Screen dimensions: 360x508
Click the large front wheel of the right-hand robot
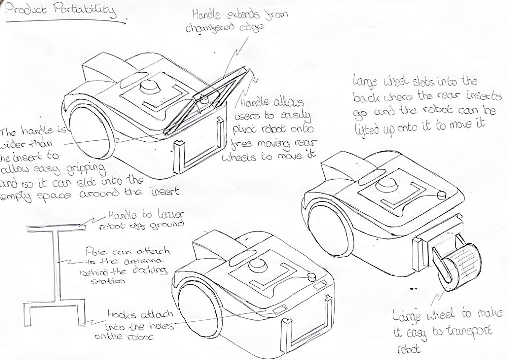328,222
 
